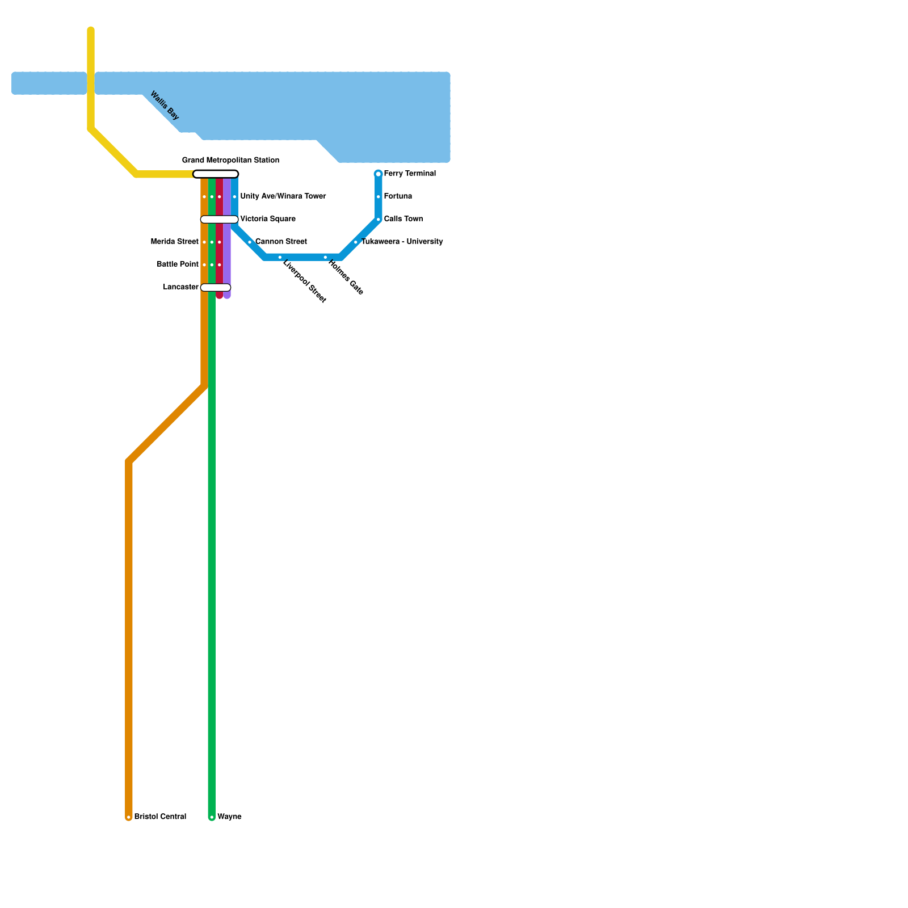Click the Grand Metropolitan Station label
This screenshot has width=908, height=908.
click(x=230, y=161)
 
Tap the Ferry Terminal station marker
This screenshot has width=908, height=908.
click(x=379, y=174)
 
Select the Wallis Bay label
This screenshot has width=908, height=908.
click(x=164, y=106)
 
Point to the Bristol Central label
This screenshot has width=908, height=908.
click(x=160, y=817)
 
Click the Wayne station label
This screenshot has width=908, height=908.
click(x=229, y=817)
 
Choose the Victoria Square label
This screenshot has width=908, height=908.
click(x=268, y=219)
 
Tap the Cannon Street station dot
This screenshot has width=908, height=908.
click(x=250, y=242)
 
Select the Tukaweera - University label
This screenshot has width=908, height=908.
click(x=402, y=242)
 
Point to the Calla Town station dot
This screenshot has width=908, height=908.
click(x=379, y=220)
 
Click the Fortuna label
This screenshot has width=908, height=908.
click(x=398, y=196)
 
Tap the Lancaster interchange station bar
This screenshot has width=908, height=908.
click(x=216, y=288)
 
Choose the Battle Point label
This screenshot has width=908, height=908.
click(x=178, y=264)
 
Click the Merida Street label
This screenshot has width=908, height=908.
click(x=174, y=242)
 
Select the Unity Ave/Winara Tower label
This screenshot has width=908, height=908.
click(x=283, y=196)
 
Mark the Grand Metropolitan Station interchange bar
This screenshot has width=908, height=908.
click(x=216, y=174)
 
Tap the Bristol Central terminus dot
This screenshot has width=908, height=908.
click(x=129, y=818)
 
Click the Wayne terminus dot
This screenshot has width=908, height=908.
click(x=212, y=818)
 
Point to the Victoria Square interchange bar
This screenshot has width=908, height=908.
click(x=219, y=220)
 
